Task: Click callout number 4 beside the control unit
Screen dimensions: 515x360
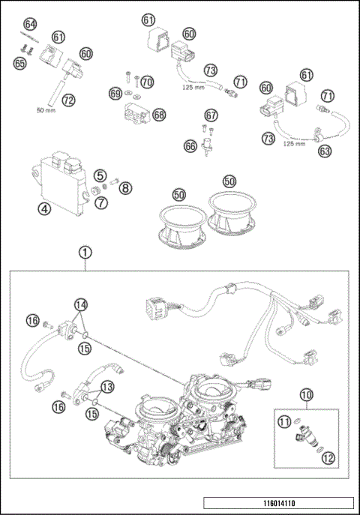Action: point(45,210)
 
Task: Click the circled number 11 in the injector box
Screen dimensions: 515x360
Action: point(285,423)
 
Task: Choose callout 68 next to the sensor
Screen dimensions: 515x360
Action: point(159,115)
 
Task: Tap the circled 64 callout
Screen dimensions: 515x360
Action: point(30,25)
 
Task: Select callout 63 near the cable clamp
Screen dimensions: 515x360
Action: point(325,151)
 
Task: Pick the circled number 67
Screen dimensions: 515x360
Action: point(211,115)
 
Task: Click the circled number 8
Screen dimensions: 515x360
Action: point(125,187)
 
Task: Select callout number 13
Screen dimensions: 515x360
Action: point(107,387)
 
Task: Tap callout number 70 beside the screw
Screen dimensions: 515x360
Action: point(147,81)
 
